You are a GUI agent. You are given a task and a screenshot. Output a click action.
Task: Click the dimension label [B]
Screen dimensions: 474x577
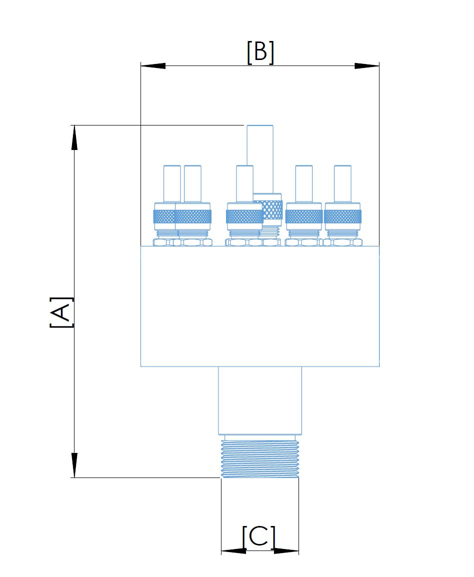[x=260, y=52]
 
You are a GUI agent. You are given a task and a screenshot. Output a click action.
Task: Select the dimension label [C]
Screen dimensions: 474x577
[x=258, y=537]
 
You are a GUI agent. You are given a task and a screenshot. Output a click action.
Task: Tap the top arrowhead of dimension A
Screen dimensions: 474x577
[x=74, y=137]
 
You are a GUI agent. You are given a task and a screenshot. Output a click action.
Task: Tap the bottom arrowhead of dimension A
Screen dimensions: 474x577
[x=74, y=465]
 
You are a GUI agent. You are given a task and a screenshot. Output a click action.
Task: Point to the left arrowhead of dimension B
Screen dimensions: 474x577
[x=153, y=66]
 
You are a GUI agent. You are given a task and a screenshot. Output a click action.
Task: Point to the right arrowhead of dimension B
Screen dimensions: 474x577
[x=366, y=66]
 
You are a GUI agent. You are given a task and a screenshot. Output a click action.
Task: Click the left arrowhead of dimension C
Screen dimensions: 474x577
[x=233, y=551]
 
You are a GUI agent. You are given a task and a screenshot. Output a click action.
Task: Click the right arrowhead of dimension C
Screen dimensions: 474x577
[x=286, y=551]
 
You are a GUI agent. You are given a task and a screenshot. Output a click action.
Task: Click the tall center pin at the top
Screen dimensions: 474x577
[x=260, y=159]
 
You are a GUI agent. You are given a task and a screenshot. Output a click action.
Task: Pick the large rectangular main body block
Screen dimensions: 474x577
[x=260, y=306]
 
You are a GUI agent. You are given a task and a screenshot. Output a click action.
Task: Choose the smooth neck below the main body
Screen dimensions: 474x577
[x=260, y=400]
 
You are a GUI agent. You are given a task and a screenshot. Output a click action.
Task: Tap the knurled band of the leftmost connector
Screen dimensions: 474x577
[x=164, y=216]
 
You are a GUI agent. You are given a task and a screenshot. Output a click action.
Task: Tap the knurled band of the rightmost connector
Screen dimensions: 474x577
[x=342, y=216]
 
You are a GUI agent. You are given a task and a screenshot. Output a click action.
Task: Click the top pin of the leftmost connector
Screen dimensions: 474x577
[x=172, y=183]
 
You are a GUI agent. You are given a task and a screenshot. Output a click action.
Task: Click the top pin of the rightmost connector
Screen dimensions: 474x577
[x=342, y=183]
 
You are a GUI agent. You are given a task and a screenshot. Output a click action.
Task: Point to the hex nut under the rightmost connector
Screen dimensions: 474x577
[x=342, y=242]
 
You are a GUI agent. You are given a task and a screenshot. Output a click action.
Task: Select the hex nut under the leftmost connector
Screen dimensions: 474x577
[x=164, y=242]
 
